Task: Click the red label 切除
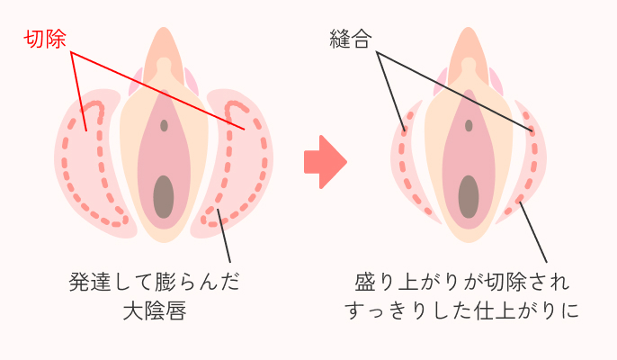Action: pyautogui.click(x=46, y=39)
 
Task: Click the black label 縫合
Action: pyautogui.click(x=351, y=40)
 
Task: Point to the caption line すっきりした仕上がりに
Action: pyautogui.click(x=462, y=311)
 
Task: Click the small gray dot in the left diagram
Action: pyautogui.click(x=164, y=125)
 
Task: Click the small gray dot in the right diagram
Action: pyautogui.click(x=469, y=125)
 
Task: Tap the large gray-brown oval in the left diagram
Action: pyautogui.click(x=163, y=195)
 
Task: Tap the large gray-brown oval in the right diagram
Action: pyautogui.click(x=468, y=195)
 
